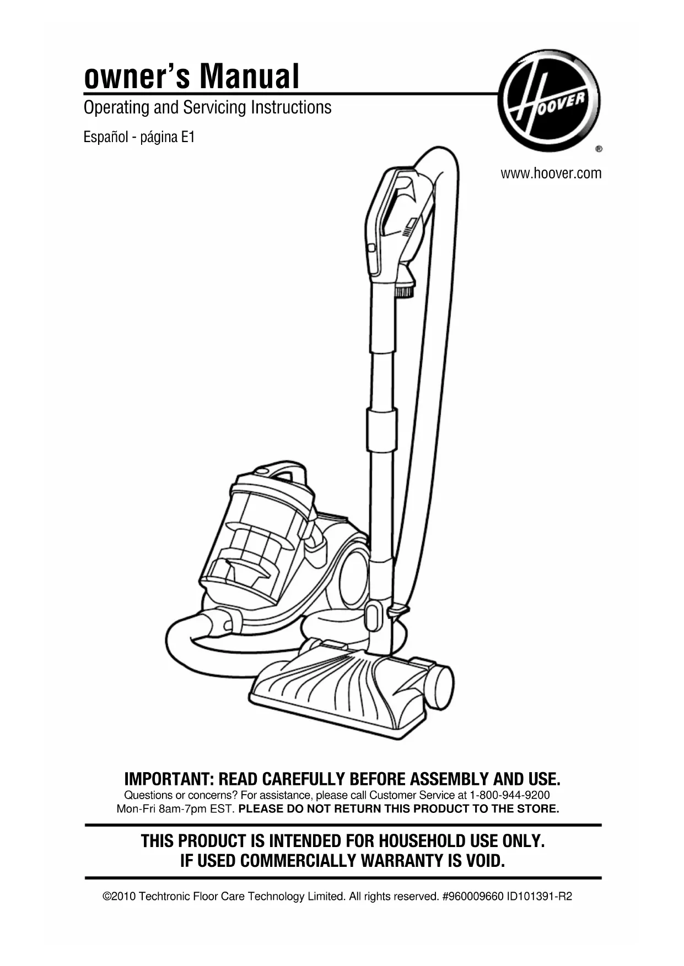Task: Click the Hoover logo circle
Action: pos(548,100)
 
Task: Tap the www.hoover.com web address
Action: pos(551,174)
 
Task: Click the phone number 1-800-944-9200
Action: pos(509,795)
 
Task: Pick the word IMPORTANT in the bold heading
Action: pos(169,779)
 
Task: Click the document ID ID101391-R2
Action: pos(539,897)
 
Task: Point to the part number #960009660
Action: pos(472,897)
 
